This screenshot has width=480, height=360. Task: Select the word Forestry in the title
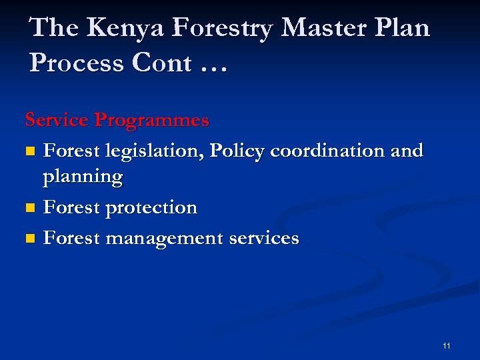click(x=221, y=28)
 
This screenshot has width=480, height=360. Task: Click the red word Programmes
click(x=151, y=121)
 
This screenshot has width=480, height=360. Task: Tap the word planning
click(x=83, y=178)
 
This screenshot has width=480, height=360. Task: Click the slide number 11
click(x=446, y=345)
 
